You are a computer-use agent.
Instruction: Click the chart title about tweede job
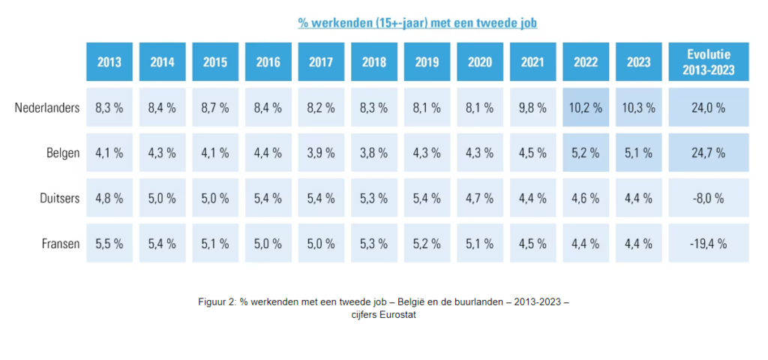[x=418, y=22]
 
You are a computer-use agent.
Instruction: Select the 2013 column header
[x=109, y=62]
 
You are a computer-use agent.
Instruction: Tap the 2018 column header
[x=374, y=62]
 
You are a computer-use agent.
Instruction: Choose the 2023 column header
[x=639, y=62]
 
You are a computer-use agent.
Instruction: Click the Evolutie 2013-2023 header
[x=708, y=62]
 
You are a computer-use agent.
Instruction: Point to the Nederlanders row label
[x=46, y=108]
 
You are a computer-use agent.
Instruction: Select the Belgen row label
[x=63, y=153]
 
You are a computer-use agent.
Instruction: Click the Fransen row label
[x=59, y=244]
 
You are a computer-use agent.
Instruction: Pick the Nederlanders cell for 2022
[x=586, y=108]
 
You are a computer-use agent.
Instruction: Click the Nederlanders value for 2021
[x=533, y=108]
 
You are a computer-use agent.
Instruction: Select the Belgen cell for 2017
[x=321, y=153]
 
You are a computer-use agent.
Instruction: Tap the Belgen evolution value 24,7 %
[x=708, y=153]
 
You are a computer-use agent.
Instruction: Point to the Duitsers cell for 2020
[x=480, y=199]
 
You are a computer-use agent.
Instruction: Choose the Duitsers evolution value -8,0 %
[x=708, y=199]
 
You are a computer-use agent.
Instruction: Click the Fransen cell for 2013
[x=109, y=244]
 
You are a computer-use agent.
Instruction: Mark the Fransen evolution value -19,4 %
[x=708, y=244]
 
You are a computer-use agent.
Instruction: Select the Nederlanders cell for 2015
[x=215, y=108]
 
